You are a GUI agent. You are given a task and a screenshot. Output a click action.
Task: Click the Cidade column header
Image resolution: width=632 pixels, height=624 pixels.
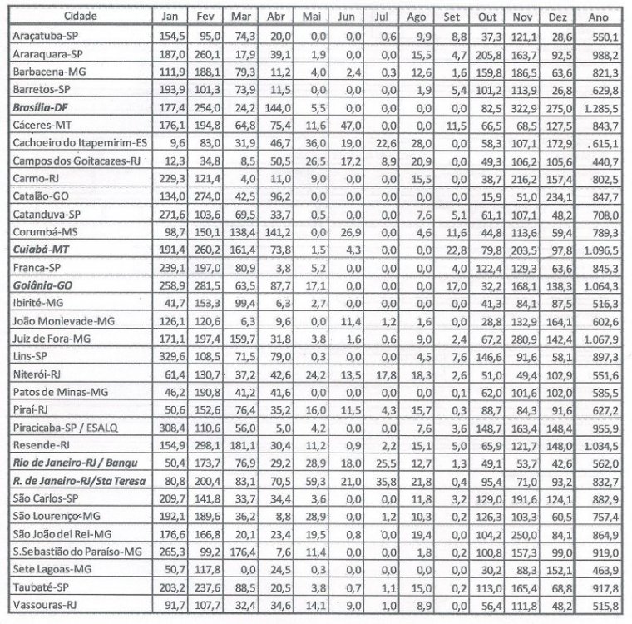[x=79, y=17]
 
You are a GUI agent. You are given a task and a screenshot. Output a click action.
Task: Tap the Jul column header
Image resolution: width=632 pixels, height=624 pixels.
[x=378, y=17]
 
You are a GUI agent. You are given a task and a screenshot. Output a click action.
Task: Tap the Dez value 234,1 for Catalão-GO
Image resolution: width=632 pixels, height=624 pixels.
[x=555, y=196]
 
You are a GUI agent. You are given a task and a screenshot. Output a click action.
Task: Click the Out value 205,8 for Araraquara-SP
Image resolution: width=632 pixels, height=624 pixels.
[x=483, y=54]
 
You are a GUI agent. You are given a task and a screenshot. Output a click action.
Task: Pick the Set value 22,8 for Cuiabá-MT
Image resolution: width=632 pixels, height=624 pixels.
[x=448, y=250]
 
